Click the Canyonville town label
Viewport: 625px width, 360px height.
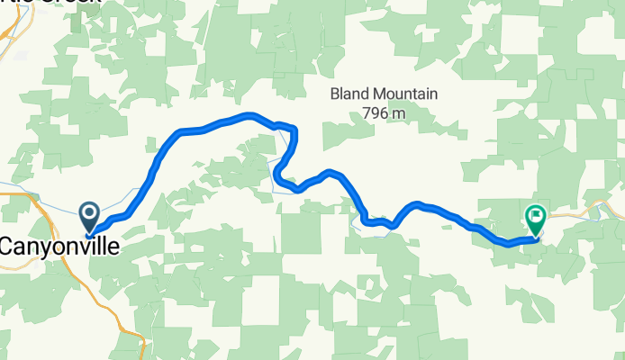[x=59, y=245]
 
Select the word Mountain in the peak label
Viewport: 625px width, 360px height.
[x=406, y=94]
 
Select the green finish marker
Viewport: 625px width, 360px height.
[x=535, y=219]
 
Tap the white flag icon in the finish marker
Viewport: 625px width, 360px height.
[x=536, y=215]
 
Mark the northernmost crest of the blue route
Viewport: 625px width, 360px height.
[x=250, y=114]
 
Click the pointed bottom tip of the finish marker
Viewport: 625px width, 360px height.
[x=535, y=237]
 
